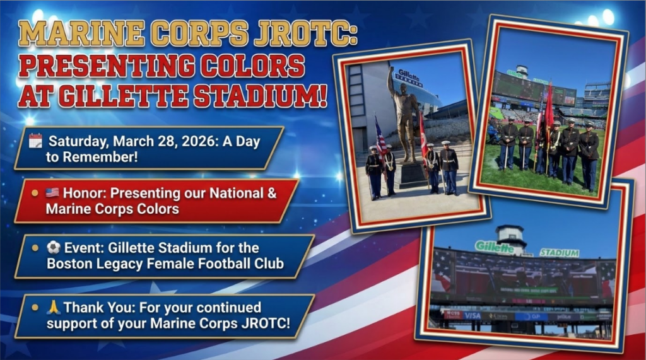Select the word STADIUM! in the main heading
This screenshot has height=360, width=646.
(x=261, y=96)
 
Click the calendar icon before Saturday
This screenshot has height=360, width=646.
(x=35, y=141)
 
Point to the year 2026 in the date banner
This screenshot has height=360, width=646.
(x=199, y=141)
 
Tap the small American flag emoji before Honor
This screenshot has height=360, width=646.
(x=52, y=192)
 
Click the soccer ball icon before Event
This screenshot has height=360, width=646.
(x=53, y=248)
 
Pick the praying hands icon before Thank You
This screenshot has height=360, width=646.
(x=54, y=307)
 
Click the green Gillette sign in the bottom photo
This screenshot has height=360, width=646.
(x=495, y=247)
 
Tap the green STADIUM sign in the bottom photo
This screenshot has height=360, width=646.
(x=560, y=252)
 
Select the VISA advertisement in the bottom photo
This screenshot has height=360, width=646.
(x=472, y=315)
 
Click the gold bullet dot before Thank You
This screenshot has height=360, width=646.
(x=35, y=307)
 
